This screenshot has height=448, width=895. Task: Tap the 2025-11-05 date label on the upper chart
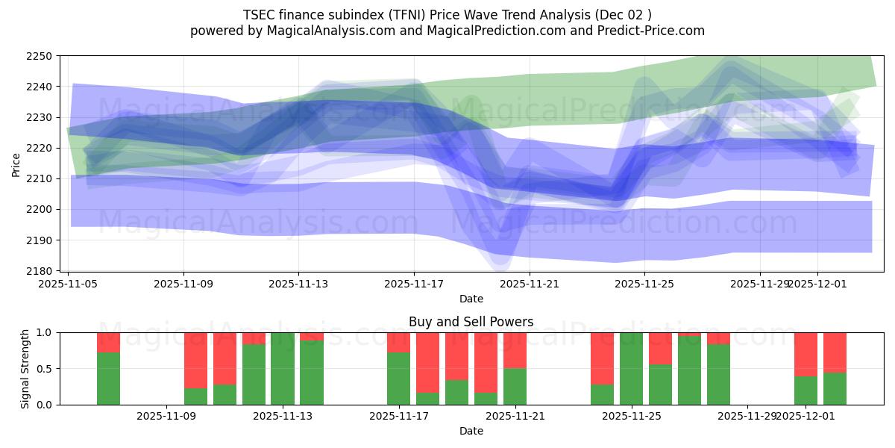69,284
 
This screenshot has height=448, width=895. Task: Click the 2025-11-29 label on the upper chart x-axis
760,284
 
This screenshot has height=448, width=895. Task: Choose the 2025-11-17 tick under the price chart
414,284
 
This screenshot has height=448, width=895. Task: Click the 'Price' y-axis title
16,164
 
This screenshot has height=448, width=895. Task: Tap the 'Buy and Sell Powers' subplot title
471,322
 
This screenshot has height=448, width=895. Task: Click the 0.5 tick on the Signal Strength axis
44,369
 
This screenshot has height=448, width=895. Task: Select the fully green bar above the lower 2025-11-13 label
283,369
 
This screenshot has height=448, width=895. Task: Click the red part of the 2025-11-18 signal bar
427,361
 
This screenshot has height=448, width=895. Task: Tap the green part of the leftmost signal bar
108,379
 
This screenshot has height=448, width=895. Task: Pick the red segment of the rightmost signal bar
835,352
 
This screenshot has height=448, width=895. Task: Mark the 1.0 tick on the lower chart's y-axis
44,332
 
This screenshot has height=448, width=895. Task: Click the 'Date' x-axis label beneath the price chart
471,299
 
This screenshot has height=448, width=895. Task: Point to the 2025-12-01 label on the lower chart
805,417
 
